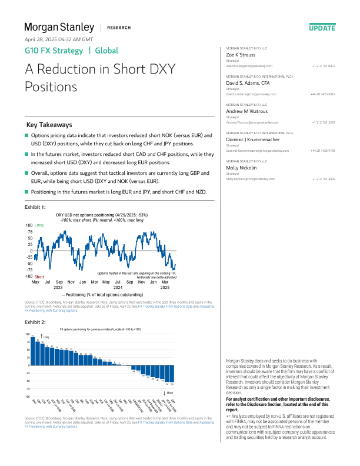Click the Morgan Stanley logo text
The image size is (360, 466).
pos(59,27)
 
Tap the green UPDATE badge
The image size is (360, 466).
pos(322,28)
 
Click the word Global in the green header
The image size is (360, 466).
pos(106,51)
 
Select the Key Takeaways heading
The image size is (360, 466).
pos(49,125)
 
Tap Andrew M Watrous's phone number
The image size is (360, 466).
pos(323,122)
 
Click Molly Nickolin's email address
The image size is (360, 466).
pos(251,179)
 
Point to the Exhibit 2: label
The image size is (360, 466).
pos(35,322)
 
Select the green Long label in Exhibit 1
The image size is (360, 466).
pos(39,225)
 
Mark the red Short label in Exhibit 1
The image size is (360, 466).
pos(39,277)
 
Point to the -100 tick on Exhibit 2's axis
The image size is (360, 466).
pos(27,397)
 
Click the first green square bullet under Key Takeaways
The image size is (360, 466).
pos(26,136)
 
